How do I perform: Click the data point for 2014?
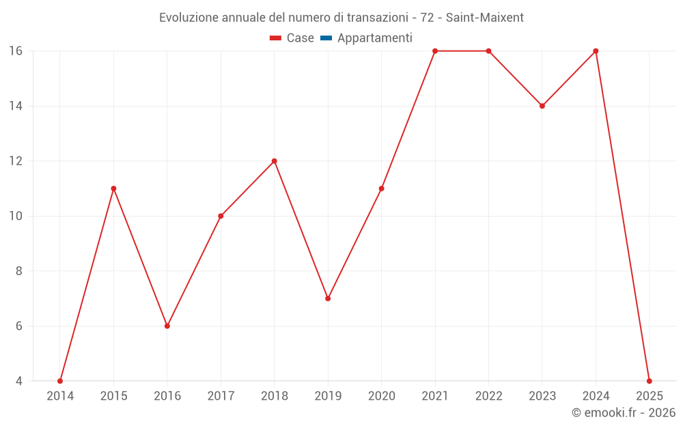point(60,381)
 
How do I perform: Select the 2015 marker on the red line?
point(113,189)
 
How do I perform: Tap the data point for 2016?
point(167,326)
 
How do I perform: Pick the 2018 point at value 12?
point(274,161)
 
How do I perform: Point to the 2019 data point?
point(328,299)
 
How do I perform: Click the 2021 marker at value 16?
point(435,51)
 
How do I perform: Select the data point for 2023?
point(542,106)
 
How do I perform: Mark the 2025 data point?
point(649,381)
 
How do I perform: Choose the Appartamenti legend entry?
point(374,38)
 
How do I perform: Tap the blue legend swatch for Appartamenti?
point(326,38)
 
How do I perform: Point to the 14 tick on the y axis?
point(16,106)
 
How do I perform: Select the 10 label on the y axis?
point(16,216)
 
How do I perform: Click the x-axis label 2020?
point(381,396)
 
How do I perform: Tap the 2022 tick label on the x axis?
point(488,396)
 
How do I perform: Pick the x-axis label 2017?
point(221,396)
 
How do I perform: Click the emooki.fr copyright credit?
point(624,413)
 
